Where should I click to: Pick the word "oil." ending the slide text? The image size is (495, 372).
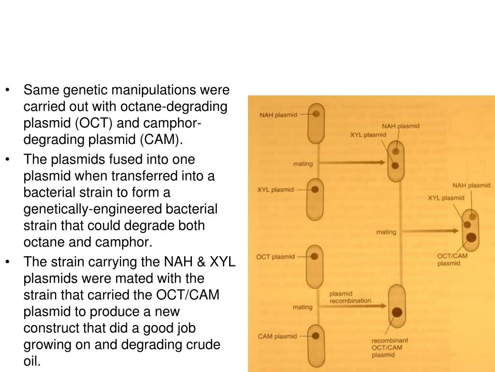click(x=32, y=361)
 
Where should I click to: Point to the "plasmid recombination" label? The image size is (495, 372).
click(x=350, y=297)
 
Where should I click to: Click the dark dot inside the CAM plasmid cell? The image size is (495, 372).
click(x=315, y=335)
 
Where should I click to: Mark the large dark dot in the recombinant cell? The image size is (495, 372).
click(x=397, y=312)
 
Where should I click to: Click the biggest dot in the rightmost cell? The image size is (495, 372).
click(x=471, y=237)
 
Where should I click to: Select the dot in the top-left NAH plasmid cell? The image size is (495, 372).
click(x=315, y=115)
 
